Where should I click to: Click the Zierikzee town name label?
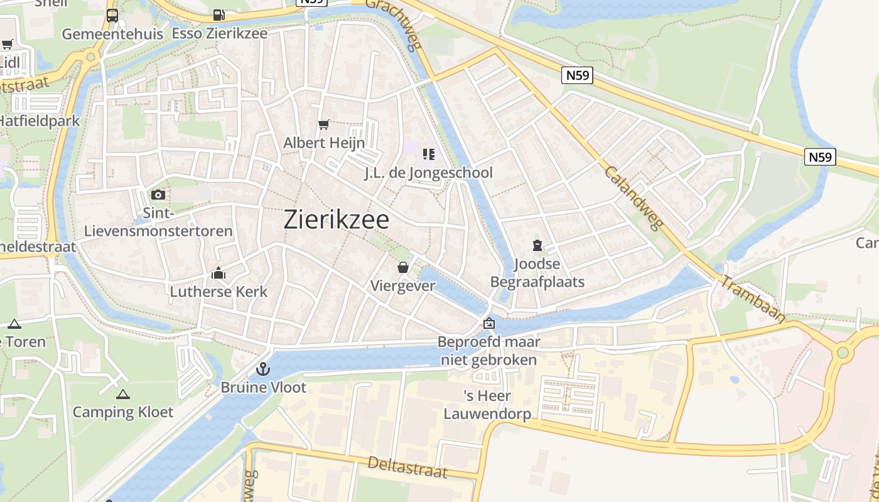pos(337,220)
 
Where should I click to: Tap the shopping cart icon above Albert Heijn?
pos(324,125)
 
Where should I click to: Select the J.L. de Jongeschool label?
pos(429,173)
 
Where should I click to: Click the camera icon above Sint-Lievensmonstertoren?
pos(158,195)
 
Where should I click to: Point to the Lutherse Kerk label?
pos(218,292)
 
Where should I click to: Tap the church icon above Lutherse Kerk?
pos(218,274)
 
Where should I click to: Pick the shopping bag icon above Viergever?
pos(403,268)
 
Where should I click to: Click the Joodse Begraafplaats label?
pos(537,273)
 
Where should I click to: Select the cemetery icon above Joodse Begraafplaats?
pos(537,245)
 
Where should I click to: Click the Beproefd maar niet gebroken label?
pos(488,351)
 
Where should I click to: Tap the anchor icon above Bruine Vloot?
pos(264,369)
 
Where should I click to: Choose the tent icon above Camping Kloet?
pos(123,395)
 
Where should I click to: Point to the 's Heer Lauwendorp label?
pos(487,405)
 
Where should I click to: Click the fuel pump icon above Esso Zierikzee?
pos(218,14)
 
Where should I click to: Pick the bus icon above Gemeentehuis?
pos(112,16)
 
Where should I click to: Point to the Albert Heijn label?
pos(324,143)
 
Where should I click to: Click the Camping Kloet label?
pos(123,412)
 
